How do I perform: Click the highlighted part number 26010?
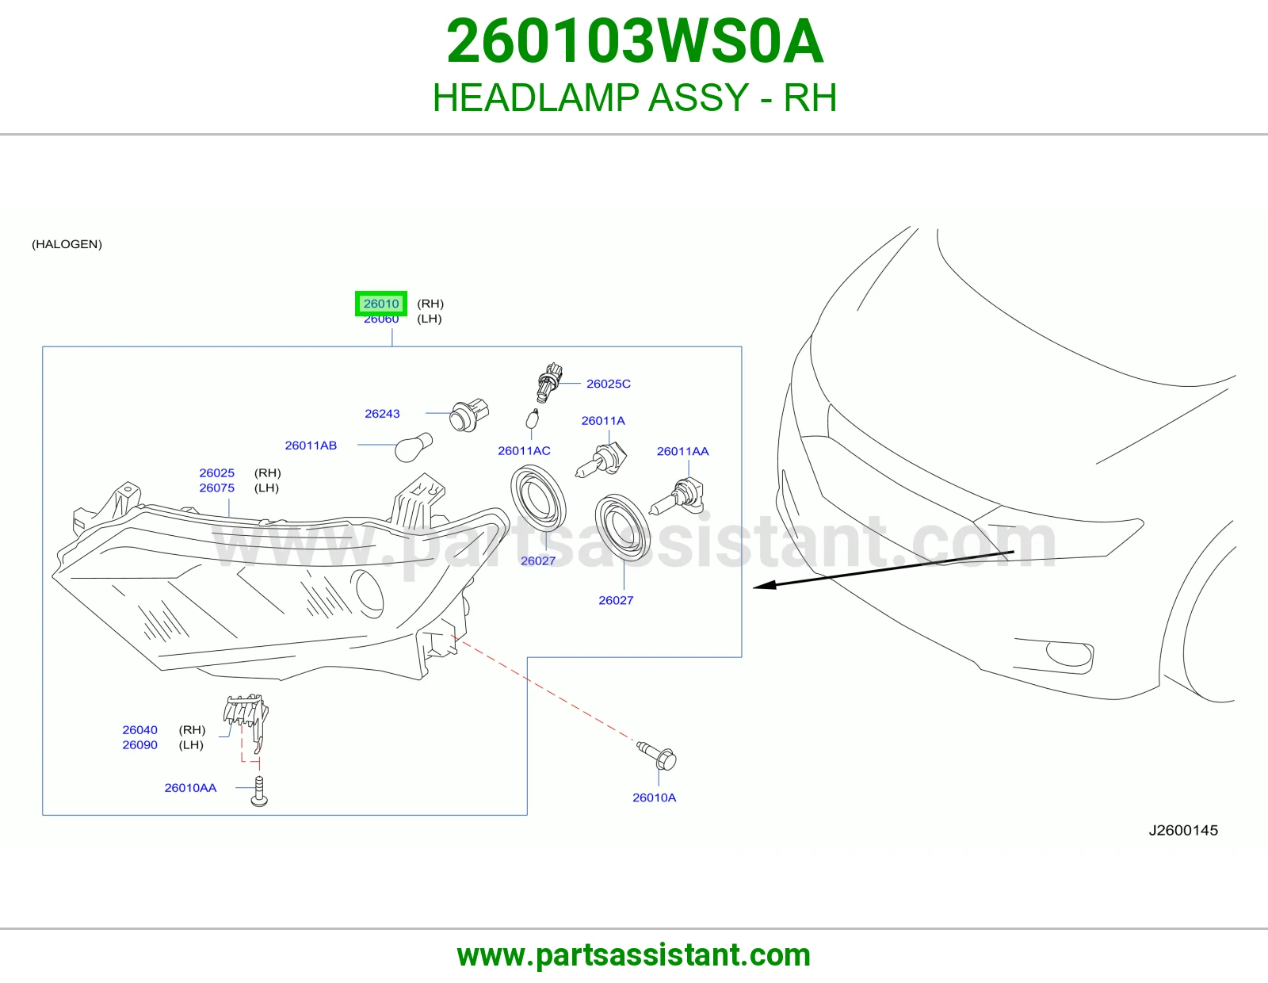click(381, 304)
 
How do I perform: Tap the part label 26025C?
click(608, 384)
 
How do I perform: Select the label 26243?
click(382, 413)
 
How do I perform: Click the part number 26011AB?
click(311, 446)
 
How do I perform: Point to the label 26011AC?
click(524, 450)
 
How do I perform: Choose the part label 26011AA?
click(682, 451)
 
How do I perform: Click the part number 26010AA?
click(190, 787)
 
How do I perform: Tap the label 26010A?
click(654, 797)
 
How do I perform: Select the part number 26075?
click(216, 488)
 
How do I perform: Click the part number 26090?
click(139, 744)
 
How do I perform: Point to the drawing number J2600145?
click(1183, 830)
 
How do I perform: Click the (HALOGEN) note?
click(67, 244)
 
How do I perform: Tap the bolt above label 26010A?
click(657, 756)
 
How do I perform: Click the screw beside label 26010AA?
click(259, 791)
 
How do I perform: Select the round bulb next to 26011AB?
click(413, 447)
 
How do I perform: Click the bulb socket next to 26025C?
click(548, 382)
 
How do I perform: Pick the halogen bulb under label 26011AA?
click(678, 496)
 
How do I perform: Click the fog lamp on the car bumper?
click(1069, 654)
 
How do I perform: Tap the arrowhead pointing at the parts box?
click(765, 585)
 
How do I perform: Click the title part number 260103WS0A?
click(635, 41)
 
